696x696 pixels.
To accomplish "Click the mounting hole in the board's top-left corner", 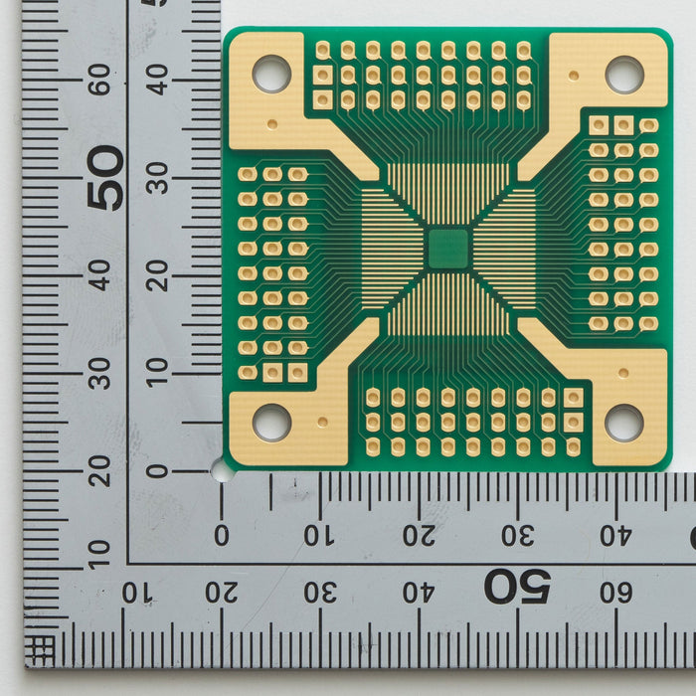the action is [271, 74].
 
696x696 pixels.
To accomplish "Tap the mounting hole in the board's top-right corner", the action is [624, 75].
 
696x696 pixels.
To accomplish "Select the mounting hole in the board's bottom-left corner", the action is [271, 423].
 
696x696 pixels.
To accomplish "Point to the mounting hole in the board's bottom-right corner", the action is [624, 423].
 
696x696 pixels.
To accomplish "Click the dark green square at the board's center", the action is [448, 249].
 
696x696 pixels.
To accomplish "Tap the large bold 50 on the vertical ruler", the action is [105, 178].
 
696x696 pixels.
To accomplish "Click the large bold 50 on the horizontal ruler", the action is [518, 587].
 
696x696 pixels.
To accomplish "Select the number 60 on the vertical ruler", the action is [99, 80].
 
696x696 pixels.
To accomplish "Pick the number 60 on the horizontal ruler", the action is [616, 593].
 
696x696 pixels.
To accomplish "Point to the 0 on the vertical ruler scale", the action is [157, 471].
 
